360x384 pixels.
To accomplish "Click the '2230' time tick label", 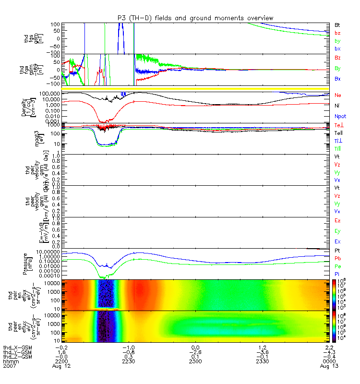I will (x=128, y=361).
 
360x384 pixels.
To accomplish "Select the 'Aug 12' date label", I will (x=61, y=366).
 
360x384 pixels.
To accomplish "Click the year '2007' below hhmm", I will (x=10, y=366).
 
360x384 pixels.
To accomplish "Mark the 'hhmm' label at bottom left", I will (x=10, y=361).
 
